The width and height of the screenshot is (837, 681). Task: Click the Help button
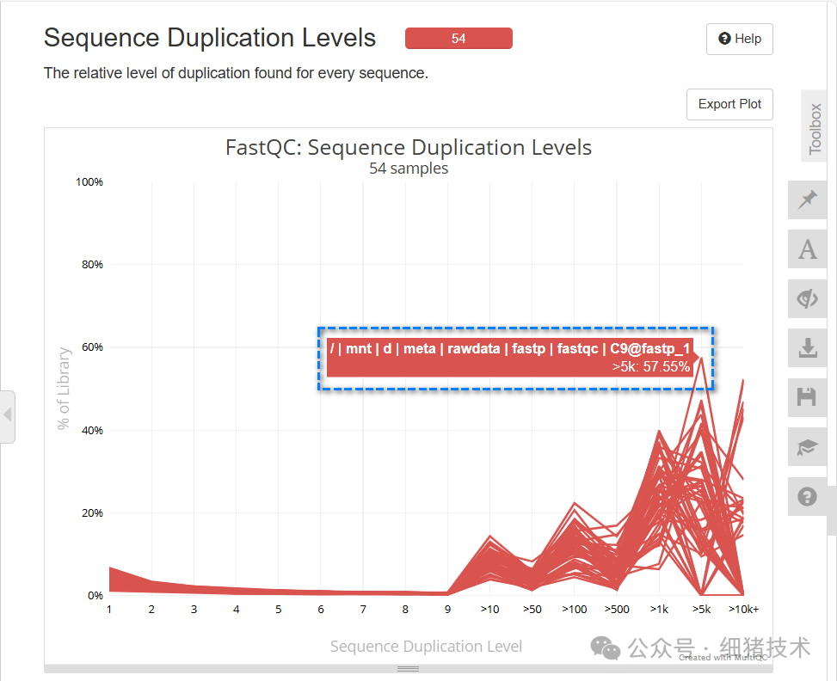(x=739, y=40)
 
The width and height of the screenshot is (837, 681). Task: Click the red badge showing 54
(x=459, y=39)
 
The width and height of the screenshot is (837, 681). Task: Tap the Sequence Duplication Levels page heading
(x=210, y=38)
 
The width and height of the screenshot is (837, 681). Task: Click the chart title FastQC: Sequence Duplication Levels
(x=409, y=147)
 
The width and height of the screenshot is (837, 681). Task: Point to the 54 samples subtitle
(x=409, y=169)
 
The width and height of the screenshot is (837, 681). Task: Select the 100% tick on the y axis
(x=89, y=182)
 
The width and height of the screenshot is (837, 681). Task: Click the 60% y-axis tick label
(x=92, y=347)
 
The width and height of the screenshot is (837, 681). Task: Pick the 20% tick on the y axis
(x=92, y=513)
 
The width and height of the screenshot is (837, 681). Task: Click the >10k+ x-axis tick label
(x=743, y=610)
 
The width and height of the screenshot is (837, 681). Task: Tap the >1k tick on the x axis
(x=659, y=610)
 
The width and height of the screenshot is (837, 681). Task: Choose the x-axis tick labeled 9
(x=447, y=610)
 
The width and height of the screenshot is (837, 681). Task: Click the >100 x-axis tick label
(x=574, y=610)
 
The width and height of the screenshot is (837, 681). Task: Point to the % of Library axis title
(x=65, y=389)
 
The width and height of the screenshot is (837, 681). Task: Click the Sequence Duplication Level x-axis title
(x=426, y=647)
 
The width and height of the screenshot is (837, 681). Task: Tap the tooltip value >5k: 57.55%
(x=651, y=367)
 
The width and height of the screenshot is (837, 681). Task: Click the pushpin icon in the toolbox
(x=807, y=200)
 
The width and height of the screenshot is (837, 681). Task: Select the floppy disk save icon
(x=807, y=397)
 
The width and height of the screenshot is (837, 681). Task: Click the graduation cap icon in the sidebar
(x=807, y=447)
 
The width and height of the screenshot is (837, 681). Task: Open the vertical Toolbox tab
(x=815, y=128)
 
